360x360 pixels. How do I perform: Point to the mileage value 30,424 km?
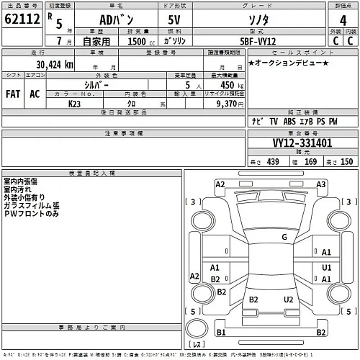click(x=50, y=65)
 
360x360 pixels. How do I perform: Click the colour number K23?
click(x=74, y=104)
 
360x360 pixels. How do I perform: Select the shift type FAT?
click(x=13, y=94)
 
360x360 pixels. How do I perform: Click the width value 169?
click(x=312, y=162)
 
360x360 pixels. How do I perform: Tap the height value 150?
click(x=346, y=162)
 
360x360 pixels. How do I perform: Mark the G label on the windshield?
click(x=284, y=236)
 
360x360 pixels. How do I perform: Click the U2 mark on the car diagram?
click(x=288, y=299)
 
